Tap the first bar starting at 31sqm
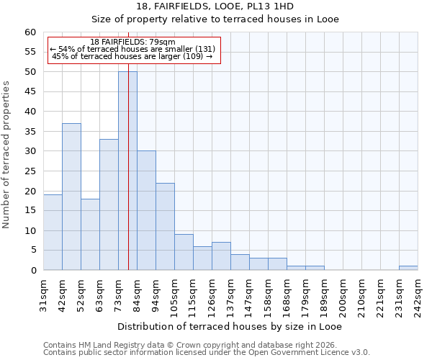53,232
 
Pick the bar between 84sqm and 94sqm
146,210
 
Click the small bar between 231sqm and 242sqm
408,268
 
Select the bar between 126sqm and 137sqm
221,256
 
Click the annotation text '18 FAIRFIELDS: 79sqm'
132,42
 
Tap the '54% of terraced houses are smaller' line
132,49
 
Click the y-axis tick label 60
30,32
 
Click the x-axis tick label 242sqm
418,294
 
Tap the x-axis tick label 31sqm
44,294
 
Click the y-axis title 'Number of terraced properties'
6,154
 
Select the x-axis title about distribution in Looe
230,326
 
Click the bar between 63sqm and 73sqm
109,204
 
